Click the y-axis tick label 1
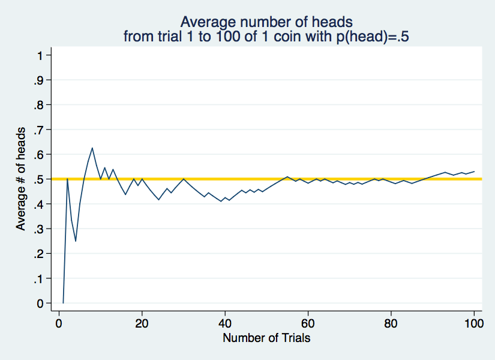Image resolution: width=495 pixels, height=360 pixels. click(40, 56)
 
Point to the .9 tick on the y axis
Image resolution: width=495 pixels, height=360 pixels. click(38, 80)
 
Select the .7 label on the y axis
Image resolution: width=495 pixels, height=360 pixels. click(38, 130)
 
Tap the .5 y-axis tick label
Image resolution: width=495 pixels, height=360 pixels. click(38, 179)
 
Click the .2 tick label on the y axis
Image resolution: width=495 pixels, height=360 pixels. click(38, 254)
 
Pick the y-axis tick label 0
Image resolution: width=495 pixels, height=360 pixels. click(40, 304)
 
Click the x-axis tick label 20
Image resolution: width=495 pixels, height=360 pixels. click(142, 323)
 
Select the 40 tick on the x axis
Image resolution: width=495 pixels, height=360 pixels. click(225, 323)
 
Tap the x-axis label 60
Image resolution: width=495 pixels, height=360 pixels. click(308, 323)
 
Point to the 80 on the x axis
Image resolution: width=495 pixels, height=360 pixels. click(391, 323)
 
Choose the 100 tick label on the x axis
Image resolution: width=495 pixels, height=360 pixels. click(474, 323)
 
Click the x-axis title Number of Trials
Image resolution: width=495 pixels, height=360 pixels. click(266, 338)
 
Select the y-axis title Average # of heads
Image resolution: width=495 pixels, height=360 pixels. click(20, 179)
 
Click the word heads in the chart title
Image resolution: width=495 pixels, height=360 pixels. click(332, 22)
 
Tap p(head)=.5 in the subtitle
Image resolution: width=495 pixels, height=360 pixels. click(373, 37)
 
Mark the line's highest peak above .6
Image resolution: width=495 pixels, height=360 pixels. click(92, 148)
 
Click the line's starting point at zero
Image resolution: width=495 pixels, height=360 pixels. click(63, 303)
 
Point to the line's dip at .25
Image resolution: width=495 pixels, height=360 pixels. click(76, 241)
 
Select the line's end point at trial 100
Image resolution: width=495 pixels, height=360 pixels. click(474, 172)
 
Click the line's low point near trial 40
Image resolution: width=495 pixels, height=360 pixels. click(221, 201)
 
